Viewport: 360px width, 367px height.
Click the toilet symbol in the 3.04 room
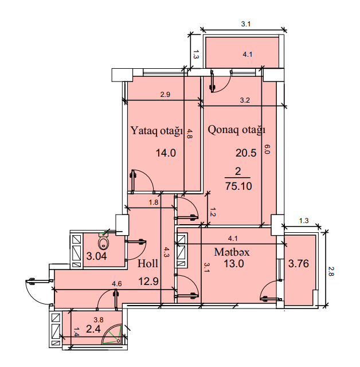pos(104,241)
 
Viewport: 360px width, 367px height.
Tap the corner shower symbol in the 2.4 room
pos(112,334)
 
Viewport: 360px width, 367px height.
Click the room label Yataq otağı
pos(156,131)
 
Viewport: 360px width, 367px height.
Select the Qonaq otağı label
pos(237,130)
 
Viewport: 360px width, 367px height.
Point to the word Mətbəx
pos(232,252)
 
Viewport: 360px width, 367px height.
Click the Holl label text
pos(147,264)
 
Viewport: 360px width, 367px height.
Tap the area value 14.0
pos(166,153)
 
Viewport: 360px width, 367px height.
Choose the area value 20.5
pos(246,153)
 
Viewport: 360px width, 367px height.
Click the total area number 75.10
pos(238,186)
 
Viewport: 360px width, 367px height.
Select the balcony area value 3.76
pos(299,264)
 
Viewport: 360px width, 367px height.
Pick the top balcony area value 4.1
pos(248,54)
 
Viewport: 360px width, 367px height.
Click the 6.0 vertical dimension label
pos(267,149)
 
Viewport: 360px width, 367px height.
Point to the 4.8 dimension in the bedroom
pos(189,134)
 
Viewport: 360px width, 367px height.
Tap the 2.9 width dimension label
pos(165,95)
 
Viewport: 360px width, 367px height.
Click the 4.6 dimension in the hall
pos(117,284)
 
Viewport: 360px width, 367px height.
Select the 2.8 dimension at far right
pos(331,271)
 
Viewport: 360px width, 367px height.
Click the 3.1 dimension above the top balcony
pos(246,24)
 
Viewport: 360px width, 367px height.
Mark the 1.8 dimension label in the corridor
pos(154,202)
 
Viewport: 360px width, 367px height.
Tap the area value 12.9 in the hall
pos(148,281)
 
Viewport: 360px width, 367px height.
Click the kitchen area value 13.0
pos(234,264)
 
